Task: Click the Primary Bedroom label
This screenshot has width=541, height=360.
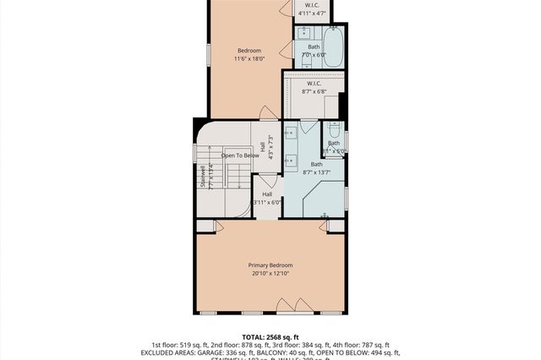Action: [x=270, y=265]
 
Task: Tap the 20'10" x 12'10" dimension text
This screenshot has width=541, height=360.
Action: [x=270, y=274]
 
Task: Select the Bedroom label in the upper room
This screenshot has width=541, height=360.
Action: [x=249, y=51]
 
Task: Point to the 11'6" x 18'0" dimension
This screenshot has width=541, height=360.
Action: [x=249, y=59]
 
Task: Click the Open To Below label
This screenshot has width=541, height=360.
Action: [x=239, y=155]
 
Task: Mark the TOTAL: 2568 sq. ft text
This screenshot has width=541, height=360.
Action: [x=270, y=336]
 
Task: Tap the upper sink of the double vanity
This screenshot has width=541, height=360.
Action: [x=290, y=133]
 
